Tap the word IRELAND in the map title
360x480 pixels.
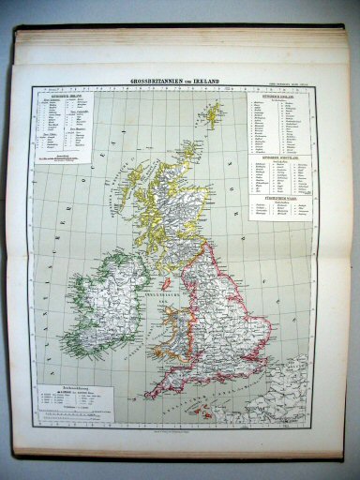208,82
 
